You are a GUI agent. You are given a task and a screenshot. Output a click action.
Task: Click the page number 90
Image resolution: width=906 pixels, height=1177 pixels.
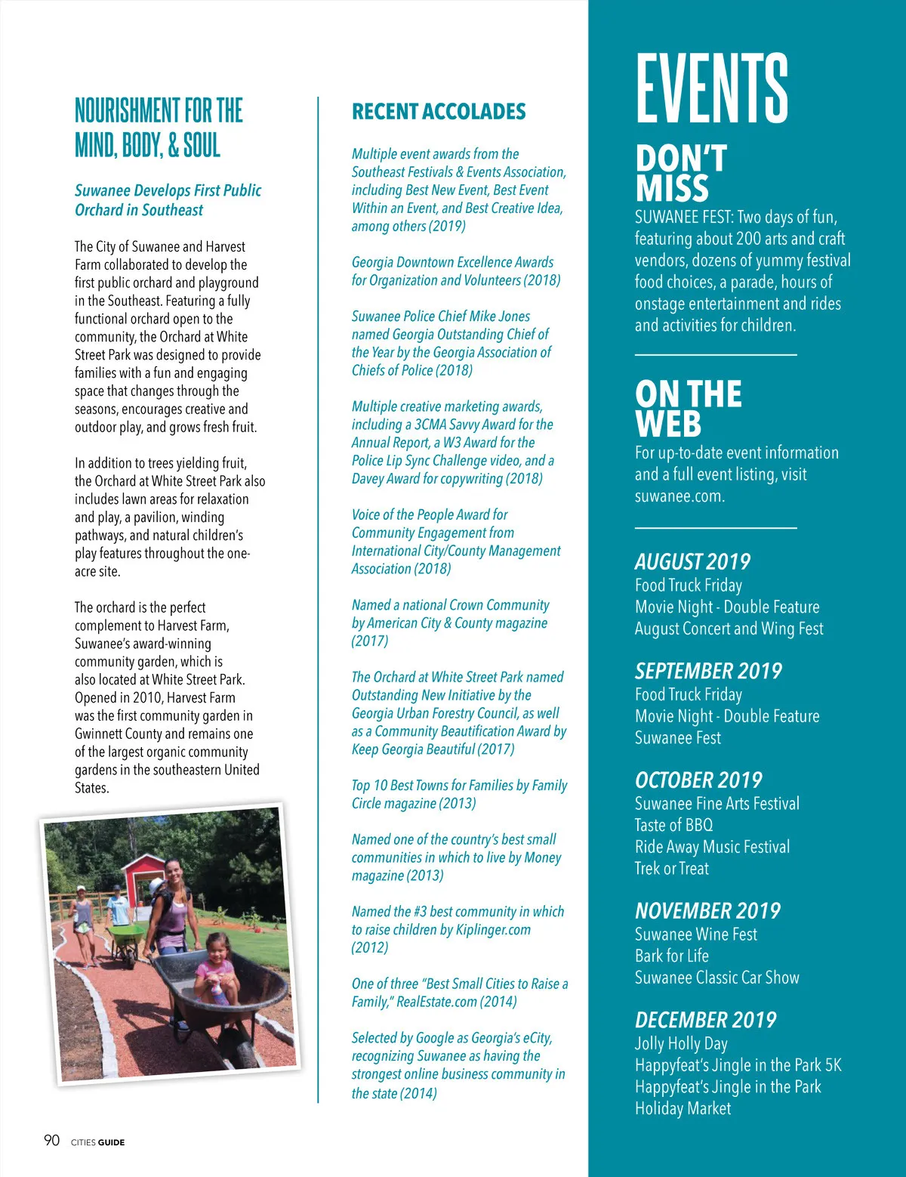(x=51, y=1140)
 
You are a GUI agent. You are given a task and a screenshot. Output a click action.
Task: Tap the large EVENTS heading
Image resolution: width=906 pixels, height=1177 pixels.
(x=712, y=88)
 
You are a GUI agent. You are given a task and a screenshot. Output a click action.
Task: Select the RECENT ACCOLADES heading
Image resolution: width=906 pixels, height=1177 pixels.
(x=439, y=112)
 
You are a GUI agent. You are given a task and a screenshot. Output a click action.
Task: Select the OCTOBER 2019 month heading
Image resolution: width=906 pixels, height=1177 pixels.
(x=698, y=780)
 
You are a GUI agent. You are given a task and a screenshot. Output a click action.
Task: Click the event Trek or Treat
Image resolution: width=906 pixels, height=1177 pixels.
(x=671, y=869)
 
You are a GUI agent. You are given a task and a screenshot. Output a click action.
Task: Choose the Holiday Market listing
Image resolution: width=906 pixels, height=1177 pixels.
(x=683, y=1108)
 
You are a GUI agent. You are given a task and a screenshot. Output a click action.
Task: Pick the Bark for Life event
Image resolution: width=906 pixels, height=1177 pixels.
(x=671, y=956)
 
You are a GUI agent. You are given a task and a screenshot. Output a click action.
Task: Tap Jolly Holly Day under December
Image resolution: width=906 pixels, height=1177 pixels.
(x=681, y=1043)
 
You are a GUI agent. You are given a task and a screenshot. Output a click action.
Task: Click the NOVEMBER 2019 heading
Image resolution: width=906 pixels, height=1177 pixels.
(x=707, y=910)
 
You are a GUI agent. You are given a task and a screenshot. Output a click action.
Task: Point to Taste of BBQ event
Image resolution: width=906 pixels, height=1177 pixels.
(x=673, y=825)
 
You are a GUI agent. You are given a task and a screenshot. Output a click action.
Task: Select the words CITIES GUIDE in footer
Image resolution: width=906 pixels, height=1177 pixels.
(x=97, y=1142)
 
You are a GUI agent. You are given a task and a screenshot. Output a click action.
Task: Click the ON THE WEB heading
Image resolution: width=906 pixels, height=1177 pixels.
(x=688, y=408)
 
